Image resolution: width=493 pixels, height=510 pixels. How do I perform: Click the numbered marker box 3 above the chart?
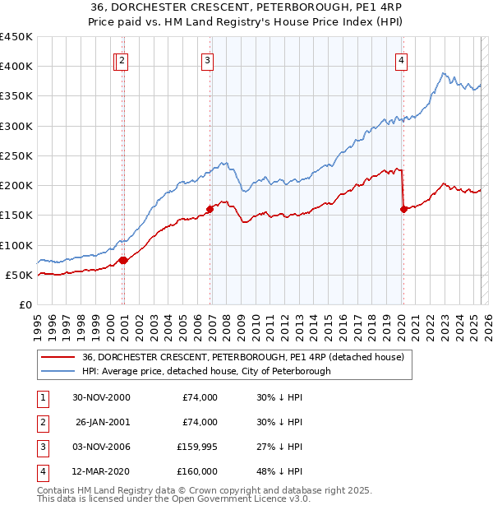tap(207, 60)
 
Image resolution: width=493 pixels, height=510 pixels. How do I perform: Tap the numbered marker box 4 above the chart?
tap(401, 60)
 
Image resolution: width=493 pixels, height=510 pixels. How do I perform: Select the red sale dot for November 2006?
tap(210, 209)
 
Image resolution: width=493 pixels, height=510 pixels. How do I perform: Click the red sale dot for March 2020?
tap(403, 209)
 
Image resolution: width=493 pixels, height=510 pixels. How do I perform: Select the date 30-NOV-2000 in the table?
tap(101, 397)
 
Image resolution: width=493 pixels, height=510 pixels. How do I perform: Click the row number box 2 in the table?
tap(41, 422)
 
